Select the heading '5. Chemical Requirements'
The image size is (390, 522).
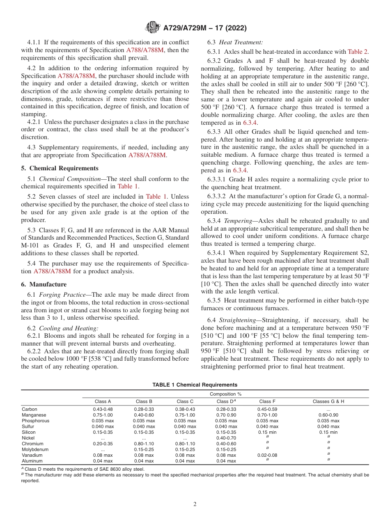click(x=60, y=168)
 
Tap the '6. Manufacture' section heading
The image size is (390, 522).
click(x=44, y=284)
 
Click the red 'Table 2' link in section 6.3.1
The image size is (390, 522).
click(x=357, y=52)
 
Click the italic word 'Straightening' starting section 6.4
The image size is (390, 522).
click(x=237, y=320)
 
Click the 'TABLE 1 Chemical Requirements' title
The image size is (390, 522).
click(x=195, y=385)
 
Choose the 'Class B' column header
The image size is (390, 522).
click(x=144, y=401)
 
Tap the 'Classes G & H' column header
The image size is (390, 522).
click(x=328, y=401)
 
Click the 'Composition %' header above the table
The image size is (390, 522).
click(x=225, y=394)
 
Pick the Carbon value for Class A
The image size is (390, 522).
click(x=103, y=409)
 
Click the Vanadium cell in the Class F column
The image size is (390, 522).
click(x=267, y=455)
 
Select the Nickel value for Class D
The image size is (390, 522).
click(x=226, y=438)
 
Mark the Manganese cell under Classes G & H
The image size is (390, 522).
click(x=328, y=415)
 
